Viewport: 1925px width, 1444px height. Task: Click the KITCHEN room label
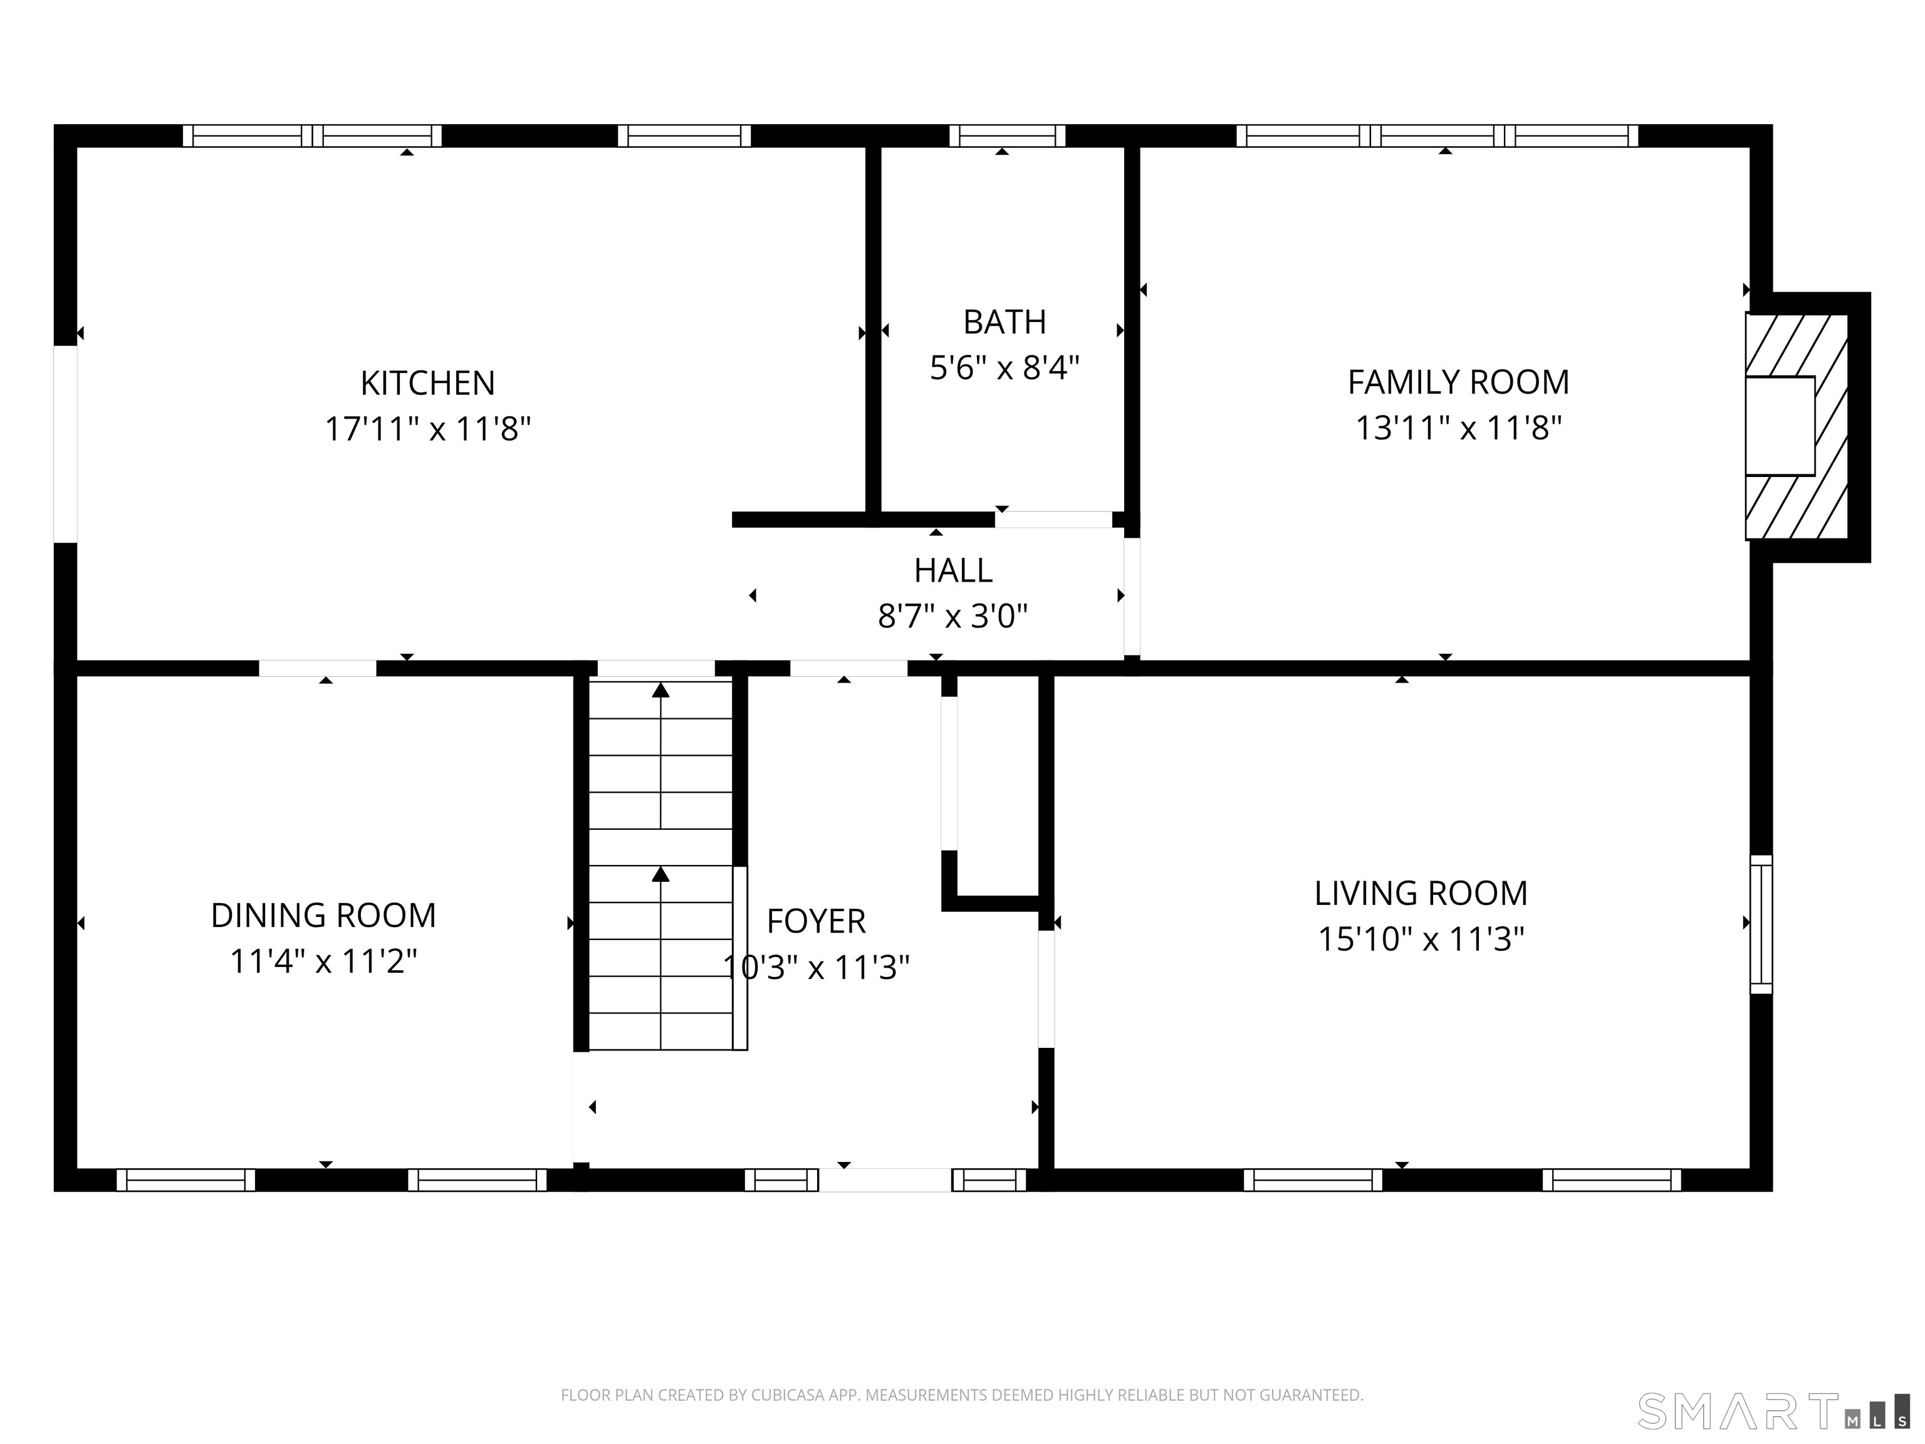pos(427,384)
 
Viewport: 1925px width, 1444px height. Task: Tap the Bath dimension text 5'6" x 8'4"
pos(1004,368)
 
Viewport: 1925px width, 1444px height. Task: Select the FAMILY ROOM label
pos(1459,382)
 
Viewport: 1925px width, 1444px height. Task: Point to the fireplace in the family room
pos(1795,427)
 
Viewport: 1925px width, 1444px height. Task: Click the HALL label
pos(953,571)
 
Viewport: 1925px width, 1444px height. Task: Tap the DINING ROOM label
pos(323,916)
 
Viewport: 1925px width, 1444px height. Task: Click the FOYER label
pos(815,921)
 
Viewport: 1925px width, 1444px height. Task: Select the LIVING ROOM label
pos(1421,893)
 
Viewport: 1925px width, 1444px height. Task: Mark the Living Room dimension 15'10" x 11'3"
pos(1421,940)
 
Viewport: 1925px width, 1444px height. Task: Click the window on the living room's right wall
pos(1761,924)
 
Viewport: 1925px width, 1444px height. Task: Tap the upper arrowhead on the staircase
pos(660,690)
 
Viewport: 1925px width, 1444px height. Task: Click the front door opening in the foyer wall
pos(884,1180)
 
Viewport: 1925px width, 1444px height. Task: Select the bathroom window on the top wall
pos(1007,136)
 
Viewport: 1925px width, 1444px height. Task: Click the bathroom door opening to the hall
pos(1053,520)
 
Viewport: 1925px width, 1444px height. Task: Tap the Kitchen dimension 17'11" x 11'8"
pos(427,430)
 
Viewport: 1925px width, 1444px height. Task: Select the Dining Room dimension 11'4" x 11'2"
pos(323,962)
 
